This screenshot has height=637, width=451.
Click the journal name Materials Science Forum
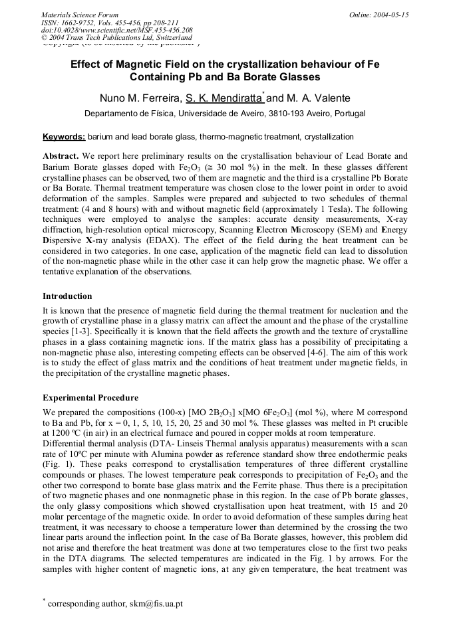[x=80, y=15]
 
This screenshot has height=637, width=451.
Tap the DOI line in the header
[x=116, y=31]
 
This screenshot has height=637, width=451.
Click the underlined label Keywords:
[x=64, y=137]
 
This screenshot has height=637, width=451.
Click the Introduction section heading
[x=67, y=296]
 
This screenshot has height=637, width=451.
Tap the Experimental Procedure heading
[x=90, y=398]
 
